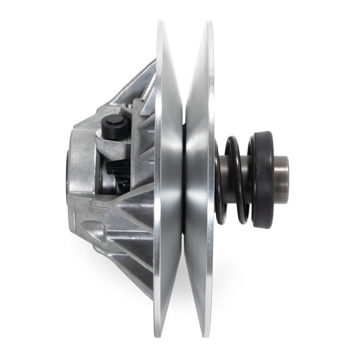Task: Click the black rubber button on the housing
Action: (115, 127)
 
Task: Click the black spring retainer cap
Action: (263, 179)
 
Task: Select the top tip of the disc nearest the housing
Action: (162, 25)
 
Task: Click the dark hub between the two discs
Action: (184, 179)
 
